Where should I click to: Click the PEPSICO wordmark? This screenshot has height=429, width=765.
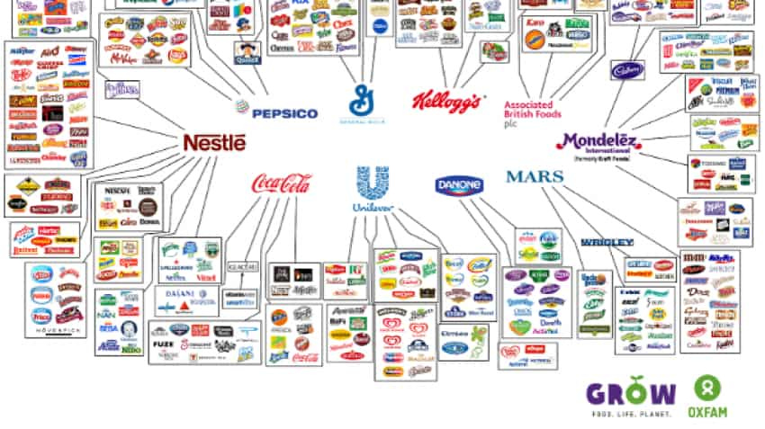[284, 113]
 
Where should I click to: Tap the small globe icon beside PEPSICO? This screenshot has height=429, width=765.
[241, 107]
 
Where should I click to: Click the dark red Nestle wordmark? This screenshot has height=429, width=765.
[214, 142]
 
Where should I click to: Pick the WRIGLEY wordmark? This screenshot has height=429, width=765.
[607, 242]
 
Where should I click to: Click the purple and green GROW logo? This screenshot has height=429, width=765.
[631, 393]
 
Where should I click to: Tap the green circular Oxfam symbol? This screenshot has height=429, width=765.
[707, 389]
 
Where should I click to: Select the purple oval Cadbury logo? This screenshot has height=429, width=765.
[629, 68]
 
